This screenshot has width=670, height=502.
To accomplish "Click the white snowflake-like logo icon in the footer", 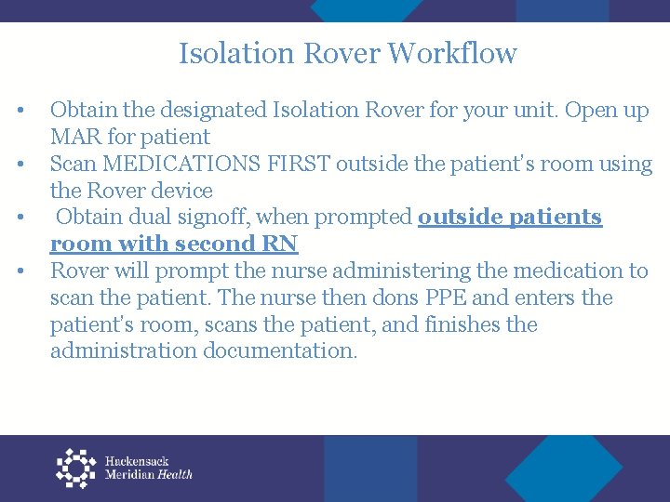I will [x=76, y=468].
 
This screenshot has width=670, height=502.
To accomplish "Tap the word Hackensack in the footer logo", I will [x=136, y=461].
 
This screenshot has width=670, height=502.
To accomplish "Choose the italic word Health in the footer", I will [x=175, y=474].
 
